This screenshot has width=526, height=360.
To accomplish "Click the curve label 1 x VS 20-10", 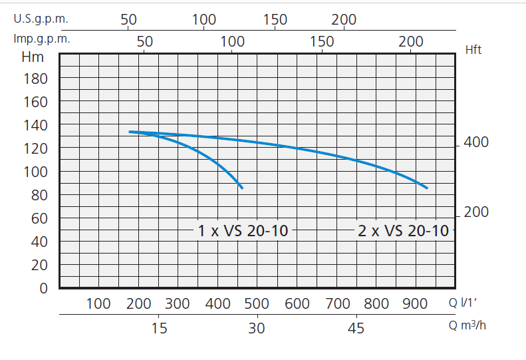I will pyautogui.click(x=243, y=231).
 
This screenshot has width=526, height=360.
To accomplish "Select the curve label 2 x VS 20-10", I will pyautogui.click(x=403, y=231).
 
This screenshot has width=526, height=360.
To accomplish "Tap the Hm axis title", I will pyautogui.click(x=33, y=57).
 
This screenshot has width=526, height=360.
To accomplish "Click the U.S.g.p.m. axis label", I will pyautogui.click(x=41, y=19).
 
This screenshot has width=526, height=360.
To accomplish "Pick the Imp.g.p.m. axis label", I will pyautogui.click(x=42, y=39).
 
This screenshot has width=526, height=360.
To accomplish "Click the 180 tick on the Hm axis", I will pyautogui.click(x=36, y=79).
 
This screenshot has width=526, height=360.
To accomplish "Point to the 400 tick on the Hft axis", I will pyautogui.click(x=476, y=142).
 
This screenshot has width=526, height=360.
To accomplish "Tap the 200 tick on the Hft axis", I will pyautogui.click(x=476, y=212).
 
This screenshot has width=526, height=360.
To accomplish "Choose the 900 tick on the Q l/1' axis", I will pyautogui.click(x=416, y=304).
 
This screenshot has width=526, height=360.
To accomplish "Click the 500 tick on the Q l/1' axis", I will pyautogui.click(x=257, y=304).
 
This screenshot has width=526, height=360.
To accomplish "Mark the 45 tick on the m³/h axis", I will pyautogui.click(x=356, y=328).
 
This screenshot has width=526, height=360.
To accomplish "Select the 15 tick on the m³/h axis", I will pyautogui.click(x=158, y=328).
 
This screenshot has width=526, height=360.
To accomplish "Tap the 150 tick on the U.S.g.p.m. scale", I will pyautogui.click(x=275, y=19).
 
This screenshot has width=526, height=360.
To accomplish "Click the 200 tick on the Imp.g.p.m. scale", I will pyautogui.click(x=410, y=41).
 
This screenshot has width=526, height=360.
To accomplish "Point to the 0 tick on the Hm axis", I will pyautogui.click(x=44, y=288).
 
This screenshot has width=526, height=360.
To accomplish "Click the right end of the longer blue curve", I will pyautogui.click(x=427, y=188).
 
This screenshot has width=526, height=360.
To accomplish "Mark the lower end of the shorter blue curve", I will pyautogui.click(x=242, y=188).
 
